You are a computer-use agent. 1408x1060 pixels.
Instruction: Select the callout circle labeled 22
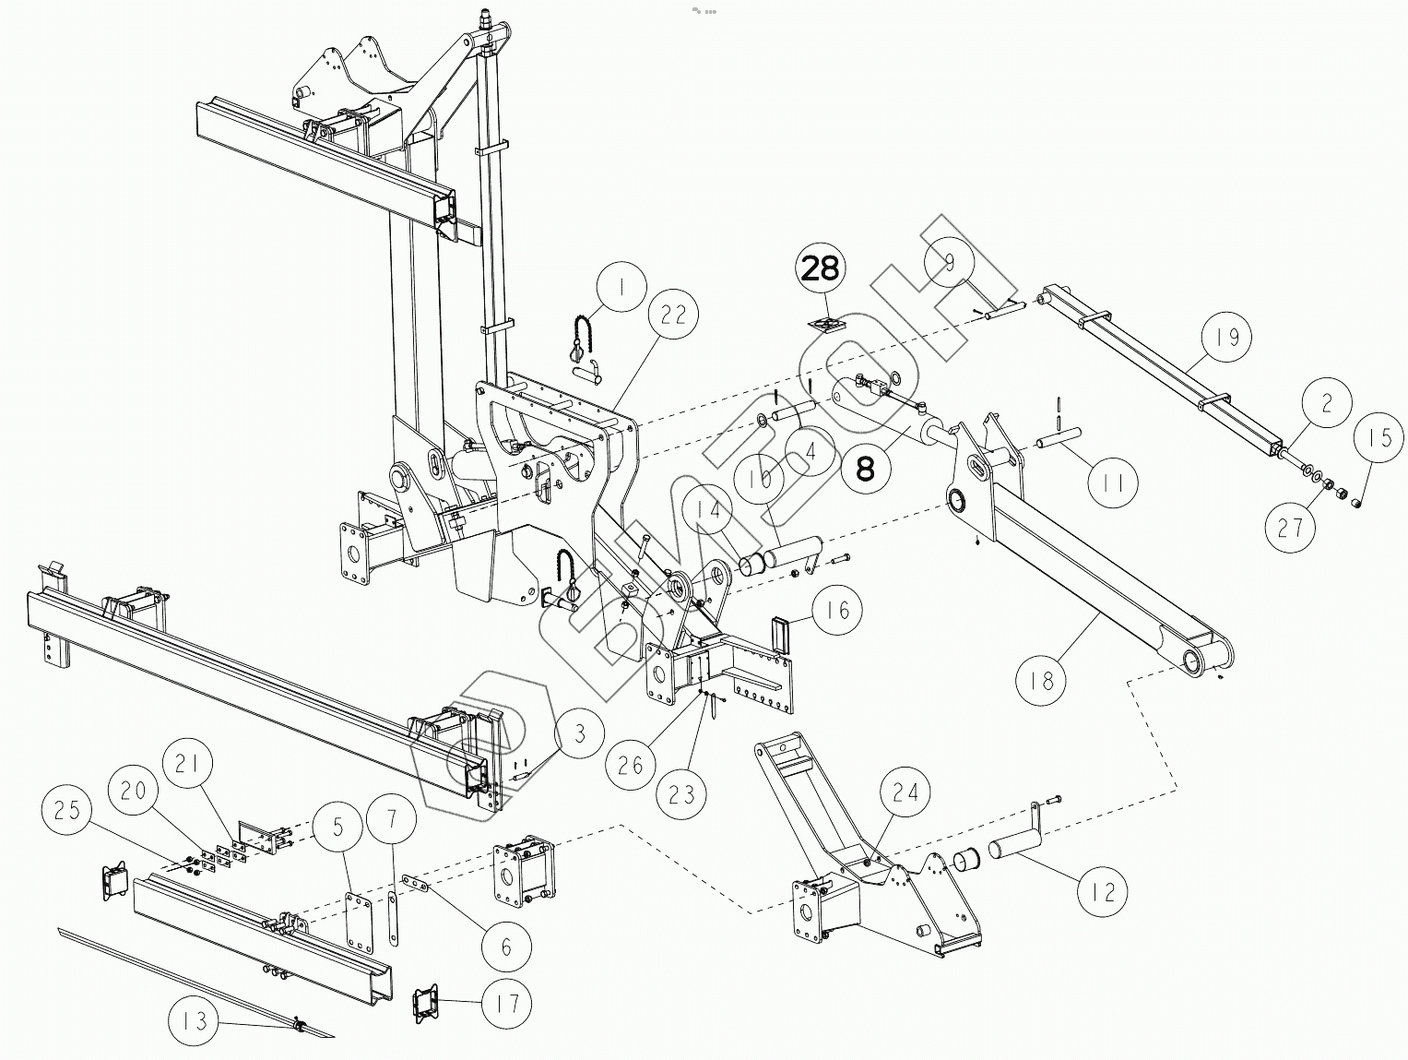(x=674, y=315)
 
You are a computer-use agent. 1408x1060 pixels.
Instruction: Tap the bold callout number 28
(x=821, y=268)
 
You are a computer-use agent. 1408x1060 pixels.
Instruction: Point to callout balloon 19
(x=1226, y=338)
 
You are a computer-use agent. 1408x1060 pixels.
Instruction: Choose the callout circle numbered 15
(x=1379, y=437)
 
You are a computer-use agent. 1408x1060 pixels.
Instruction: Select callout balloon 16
(x=837, y=610)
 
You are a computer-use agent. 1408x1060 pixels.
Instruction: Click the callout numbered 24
(x=905, y=792)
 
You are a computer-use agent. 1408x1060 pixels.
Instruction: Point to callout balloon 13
(x=195, y=1021)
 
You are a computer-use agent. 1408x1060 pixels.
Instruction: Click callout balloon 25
(x=67, y=811)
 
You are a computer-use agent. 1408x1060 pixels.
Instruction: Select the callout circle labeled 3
(x=577, y=734)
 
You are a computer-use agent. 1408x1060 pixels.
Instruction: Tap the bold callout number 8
(x=865, y=469)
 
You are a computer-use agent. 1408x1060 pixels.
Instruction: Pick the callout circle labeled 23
(x=680, y=792)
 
